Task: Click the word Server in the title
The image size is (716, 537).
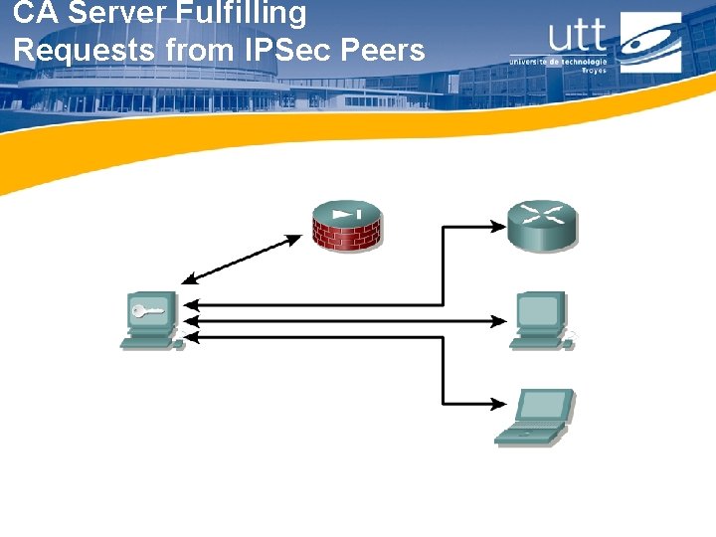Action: [110, 14]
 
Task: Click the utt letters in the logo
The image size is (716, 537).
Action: [576, 36]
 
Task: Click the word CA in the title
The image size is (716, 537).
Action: [35, 14]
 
